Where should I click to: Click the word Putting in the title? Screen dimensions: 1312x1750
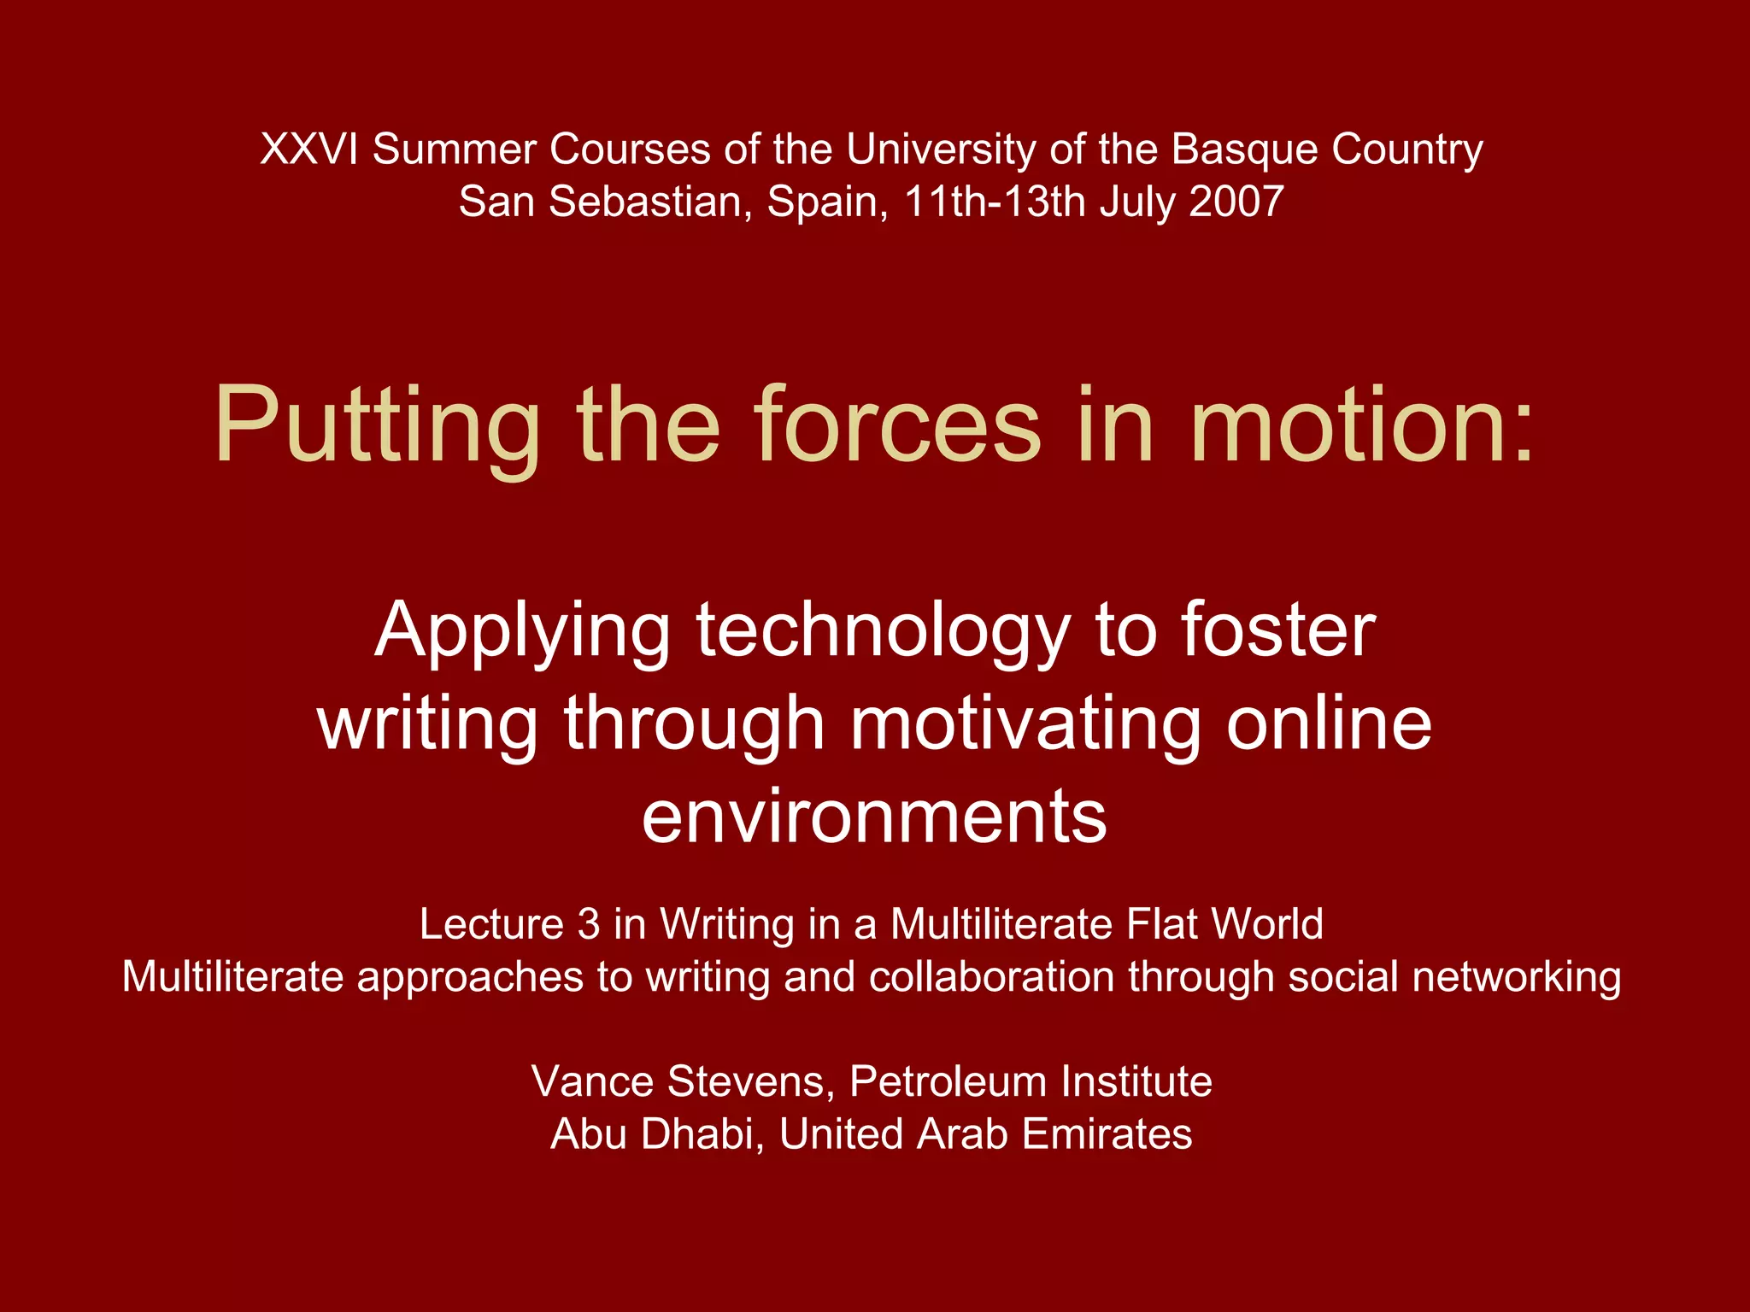pos(377,427)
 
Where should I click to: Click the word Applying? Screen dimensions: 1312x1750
pos(522,633)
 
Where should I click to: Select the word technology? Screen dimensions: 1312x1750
pos(884,633)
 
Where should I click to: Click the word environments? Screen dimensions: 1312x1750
pos(874,817)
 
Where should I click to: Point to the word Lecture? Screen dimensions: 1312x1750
pos(490,924)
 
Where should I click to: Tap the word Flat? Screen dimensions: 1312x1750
pos(1161,924)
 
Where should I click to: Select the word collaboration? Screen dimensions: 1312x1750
pos(991,976)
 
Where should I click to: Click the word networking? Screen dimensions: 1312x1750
pos(1516,978)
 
